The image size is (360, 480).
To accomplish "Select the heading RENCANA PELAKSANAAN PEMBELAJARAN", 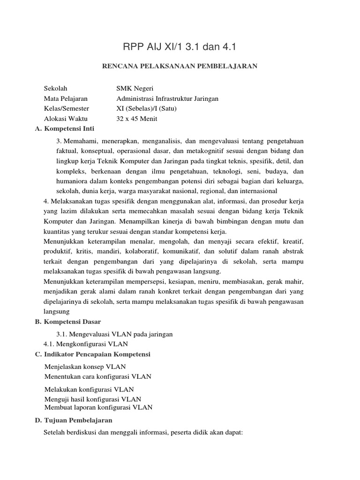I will point(180,66).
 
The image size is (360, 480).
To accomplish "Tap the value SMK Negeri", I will point(135,88).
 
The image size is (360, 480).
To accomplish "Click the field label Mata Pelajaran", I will point(66,98).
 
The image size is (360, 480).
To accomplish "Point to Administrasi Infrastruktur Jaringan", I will point(167,98).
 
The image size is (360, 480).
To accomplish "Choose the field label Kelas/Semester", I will point(66,109).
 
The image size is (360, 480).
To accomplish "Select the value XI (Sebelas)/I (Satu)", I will point(147,109).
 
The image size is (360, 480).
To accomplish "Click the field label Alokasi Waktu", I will point(66,119).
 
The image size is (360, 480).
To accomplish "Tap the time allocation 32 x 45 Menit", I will point(137,119).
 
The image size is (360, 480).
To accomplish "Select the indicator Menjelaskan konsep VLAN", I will point(85,367).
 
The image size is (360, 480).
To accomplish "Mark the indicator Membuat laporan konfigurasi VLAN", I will point(98,407).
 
